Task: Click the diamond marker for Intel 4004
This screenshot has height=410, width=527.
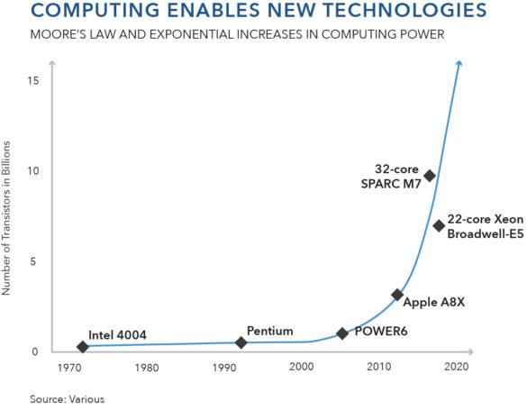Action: point(83,347)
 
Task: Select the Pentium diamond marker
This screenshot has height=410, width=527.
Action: point(241,342)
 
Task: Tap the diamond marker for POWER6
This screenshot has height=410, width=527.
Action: point(342,333)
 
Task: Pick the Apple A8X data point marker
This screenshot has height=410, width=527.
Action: point(397,295)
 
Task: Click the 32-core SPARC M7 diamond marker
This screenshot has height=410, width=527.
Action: point(430,176)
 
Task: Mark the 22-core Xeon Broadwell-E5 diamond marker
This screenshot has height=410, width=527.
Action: point(439,225)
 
